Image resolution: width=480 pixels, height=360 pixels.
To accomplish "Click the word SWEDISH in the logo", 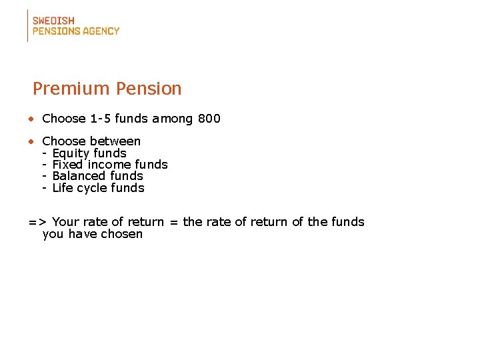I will tap(53, 20).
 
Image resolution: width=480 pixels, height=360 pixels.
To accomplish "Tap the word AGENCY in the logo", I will tap(102, 31).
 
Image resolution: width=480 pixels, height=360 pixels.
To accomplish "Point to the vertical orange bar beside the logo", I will tap(28, 25).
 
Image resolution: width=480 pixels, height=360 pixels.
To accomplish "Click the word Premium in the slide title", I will tap(72, 89).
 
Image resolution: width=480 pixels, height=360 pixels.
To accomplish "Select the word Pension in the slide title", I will tap(149, 89).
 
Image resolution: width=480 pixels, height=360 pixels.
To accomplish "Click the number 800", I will tap(209, 119).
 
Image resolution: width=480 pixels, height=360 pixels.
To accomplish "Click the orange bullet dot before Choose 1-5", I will tap(31, 119).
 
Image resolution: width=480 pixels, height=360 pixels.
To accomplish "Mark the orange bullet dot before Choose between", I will tap(31, 141).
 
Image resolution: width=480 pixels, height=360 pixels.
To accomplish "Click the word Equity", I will tap(70, 153).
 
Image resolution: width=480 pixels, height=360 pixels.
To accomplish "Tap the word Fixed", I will tap(67, 165).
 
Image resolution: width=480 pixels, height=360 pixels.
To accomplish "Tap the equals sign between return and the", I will tap(173, 222).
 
